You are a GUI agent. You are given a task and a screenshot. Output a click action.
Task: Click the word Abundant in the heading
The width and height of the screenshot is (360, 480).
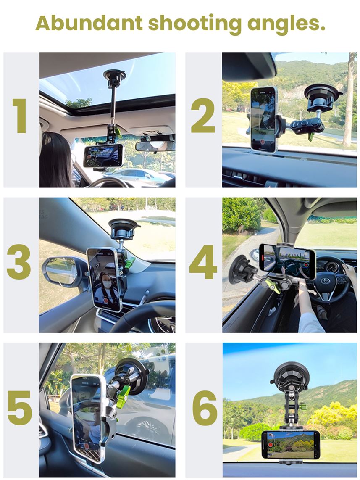coord(89,23)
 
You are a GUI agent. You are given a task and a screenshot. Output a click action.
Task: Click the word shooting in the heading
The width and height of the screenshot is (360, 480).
coord(195,24)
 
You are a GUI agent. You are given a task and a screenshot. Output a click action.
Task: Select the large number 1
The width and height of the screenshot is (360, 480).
coord(20,116)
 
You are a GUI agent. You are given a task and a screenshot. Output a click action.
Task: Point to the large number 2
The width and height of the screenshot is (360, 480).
coord(203,115)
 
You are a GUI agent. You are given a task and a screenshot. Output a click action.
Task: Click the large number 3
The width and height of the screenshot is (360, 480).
coord(18,262)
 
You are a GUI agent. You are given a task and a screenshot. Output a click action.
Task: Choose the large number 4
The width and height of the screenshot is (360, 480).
coord(203,262)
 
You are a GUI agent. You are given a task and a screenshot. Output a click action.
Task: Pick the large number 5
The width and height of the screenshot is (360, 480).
coord(20,407)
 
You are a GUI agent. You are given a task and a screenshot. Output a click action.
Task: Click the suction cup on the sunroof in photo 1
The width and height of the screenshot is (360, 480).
coord(114,77)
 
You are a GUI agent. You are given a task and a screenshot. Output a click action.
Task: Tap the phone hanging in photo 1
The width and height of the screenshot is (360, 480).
coord(103,156)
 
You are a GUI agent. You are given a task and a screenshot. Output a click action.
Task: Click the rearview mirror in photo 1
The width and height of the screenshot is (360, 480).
coord(155,146)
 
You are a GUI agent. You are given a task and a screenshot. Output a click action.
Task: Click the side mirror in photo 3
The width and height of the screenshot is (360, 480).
coord(62,272)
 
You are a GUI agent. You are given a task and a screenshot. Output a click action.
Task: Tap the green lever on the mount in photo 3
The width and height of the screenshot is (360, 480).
coord(130,263)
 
